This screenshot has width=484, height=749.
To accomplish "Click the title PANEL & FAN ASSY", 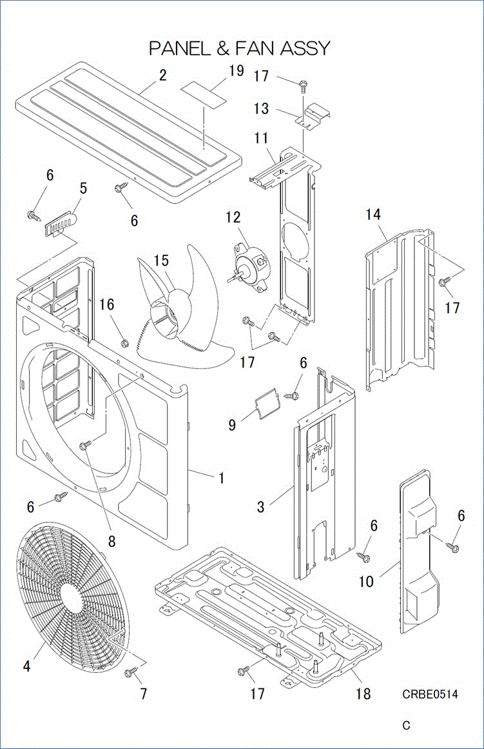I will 240,48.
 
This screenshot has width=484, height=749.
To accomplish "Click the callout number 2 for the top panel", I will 162,75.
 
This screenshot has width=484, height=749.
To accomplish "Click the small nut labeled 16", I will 126,340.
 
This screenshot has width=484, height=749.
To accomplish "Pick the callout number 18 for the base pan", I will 363,694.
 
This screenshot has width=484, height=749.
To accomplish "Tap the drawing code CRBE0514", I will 430,694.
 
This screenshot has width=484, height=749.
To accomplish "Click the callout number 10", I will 366,581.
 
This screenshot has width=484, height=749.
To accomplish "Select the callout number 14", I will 374,215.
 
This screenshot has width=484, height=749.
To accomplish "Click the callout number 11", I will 261,138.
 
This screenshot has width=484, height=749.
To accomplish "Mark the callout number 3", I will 260,507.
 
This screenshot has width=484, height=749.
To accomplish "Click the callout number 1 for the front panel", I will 221,478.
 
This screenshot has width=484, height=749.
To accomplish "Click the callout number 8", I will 111,541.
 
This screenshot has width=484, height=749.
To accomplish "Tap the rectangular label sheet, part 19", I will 205,92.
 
